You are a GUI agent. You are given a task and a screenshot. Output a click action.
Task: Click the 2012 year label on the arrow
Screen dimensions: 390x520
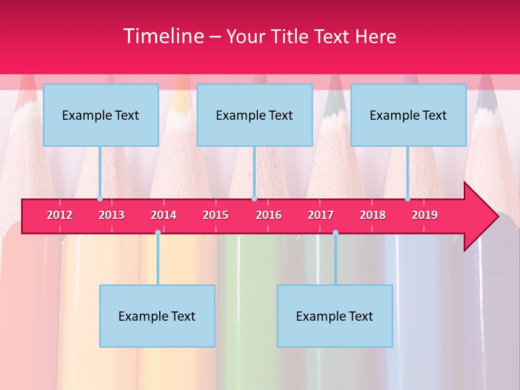tap(60, 215)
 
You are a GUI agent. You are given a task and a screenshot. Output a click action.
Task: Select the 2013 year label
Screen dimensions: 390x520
tap(112, 215)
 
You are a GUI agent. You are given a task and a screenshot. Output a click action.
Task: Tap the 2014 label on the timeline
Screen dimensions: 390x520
tap(164, 215)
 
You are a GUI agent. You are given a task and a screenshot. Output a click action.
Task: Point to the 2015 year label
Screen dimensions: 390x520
tap(216, 215)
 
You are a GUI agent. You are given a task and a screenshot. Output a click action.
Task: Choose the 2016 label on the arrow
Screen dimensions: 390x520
tap(269, 215)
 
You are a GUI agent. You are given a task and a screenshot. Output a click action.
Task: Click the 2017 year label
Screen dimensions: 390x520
tap(321, 215)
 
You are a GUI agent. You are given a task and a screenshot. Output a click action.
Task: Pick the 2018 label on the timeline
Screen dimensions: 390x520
tap(373, 215)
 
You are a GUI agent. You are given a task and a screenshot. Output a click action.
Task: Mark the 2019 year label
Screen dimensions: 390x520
tap(425, 215)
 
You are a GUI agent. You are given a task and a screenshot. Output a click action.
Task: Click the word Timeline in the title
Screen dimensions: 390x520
tap(162, 36)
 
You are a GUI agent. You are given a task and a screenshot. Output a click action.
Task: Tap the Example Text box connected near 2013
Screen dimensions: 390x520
tap(101, 115)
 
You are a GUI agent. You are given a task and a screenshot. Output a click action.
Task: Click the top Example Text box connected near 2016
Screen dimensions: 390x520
tap(255, 115)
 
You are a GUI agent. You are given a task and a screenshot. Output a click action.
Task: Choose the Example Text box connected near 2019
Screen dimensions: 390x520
tap(408, 115)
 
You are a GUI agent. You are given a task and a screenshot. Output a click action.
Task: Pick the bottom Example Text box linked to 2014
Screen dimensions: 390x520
tap(157, 316)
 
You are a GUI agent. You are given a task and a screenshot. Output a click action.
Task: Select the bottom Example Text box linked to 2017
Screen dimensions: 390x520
tap(335, 316)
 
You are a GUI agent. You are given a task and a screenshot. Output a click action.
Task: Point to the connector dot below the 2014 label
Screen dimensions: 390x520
tap(158, 233)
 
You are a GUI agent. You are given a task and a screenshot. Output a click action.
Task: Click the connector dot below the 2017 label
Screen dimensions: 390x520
tap(335, 233)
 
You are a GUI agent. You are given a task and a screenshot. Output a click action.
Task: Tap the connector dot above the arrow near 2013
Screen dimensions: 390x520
tap(100, 198)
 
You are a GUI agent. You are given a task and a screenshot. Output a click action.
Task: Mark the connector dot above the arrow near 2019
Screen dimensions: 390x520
tap(407, 198)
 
